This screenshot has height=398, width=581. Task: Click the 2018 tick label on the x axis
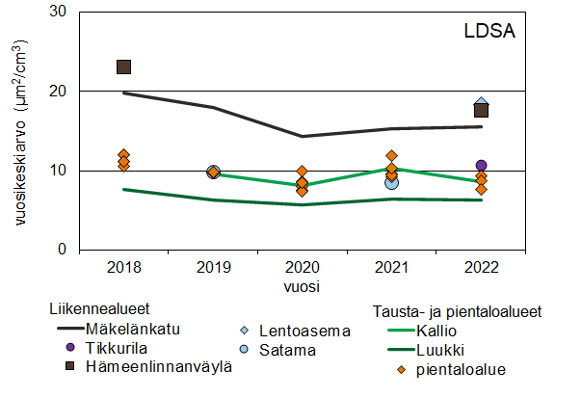pyautogui.click(x=123, y=267)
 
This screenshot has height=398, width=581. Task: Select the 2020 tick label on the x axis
pyautogui.click(x=302, y=267)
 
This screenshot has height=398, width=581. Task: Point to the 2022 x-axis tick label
pyautogui.click(x=481, y=267)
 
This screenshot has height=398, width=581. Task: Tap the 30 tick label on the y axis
pyautogui.click(x=60, y=12)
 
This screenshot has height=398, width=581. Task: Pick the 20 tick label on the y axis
pyautogui.click(x=60, y=91)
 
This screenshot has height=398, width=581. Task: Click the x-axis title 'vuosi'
pyautogui.click(x=302, y=286)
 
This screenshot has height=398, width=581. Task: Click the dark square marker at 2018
pyautogui.click(x=123, y=66)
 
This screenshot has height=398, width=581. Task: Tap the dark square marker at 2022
pyautogui.click(x=481, y=110)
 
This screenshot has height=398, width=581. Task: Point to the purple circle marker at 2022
pyautogui.click(x=482, y=166)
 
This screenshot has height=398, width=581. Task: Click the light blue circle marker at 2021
pyautogui.click(x=391, y=182)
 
